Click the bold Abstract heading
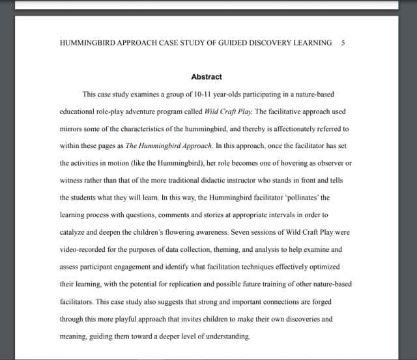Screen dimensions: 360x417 [206, 76]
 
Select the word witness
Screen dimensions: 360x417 [72, 179]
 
